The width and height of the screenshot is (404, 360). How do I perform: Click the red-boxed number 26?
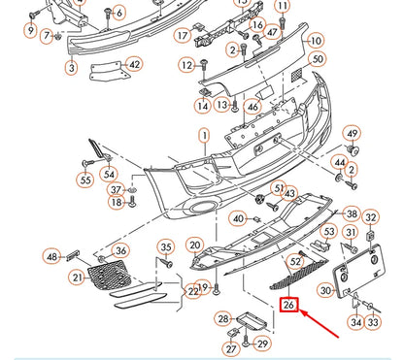coord(289,306)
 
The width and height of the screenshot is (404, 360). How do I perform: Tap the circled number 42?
coord(134,65)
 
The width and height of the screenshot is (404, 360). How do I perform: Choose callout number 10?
coord(315,42)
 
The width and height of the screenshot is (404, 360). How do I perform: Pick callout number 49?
coord(352,134)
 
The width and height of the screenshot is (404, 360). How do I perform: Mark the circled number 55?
coord(85,180)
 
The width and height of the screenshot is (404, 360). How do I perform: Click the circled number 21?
coord(77,278)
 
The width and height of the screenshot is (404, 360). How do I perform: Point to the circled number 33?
coord(373,321)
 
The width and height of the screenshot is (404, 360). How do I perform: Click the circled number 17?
coord(182,36)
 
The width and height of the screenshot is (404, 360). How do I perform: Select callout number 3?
coord(71,68)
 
